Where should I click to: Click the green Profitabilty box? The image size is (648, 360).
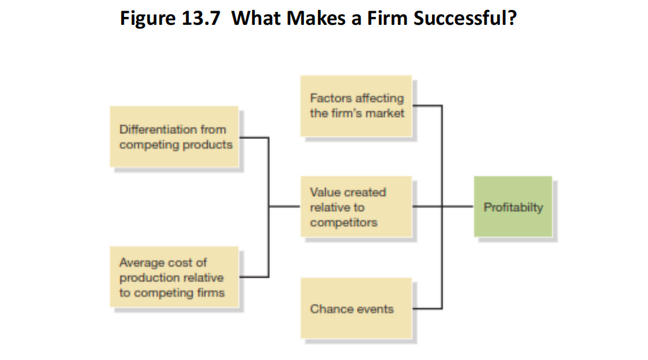pos(513,207)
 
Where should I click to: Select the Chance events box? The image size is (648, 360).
pos(356,308)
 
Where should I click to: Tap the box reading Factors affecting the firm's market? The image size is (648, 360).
pos(356,106)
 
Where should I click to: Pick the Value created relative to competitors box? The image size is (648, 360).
pos(356,207)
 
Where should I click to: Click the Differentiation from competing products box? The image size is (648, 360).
pos(174,137)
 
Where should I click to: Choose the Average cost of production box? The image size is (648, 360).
pos(174,277)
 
